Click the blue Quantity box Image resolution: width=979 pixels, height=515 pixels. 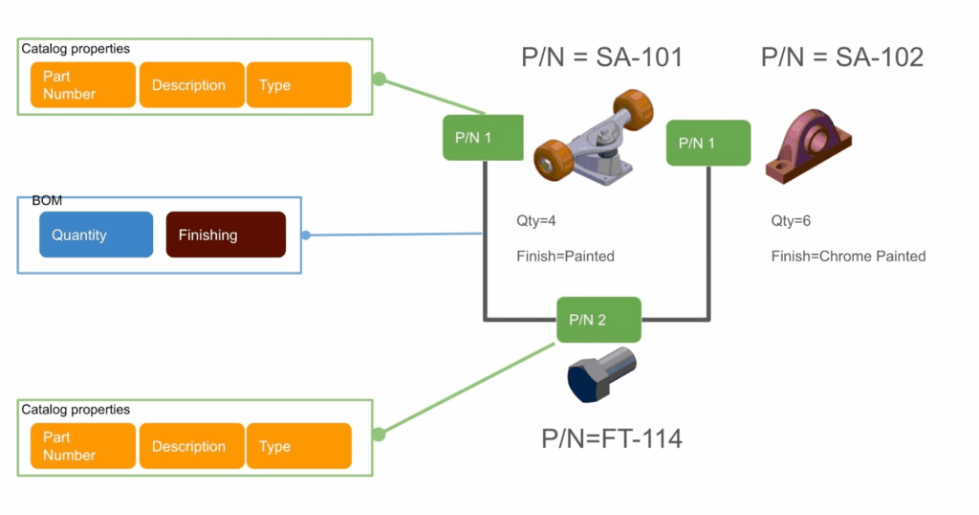[x=96, y=235]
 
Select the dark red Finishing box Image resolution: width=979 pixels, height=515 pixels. [x=226, y=235]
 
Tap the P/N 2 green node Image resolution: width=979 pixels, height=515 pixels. [x=599, y=320]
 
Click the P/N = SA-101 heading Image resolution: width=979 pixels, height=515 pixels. [x=602, y=57]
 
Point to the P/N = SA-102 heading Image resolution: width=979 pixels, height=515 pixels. [x=842, y=57]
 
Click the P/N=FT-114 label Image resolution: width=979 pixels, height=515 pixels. [x=612, y=438]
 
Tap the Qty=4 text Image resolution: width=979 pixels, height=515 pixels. [x=536, y=221]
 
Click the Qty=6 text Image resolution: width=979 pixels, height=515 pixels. [x=791, y=221]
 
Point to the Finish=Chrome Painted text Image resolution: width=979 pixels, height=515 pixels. [x=848, y=257]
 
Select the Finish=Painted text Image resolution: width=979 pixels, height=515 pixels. [x=565, y=257]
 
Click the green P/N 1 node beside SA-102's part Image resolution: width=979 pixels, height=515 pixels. [x=707, y=143]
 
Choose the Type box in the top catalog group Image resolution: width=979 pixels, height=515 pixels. [x=299, y=85]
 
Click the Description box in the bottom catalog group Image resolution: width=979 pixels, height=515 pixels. [x=189, y=446]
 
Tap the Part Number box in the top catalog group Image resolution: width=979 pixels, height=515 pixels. [x=83, y=85]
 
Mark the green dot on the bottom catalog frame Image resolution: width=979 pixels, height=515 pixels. [x=379, y=435]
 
